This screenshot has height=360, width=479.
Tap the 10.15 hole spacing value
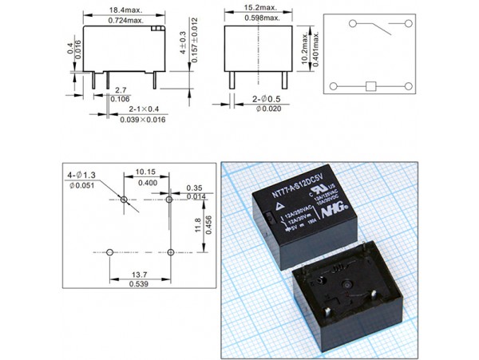click(145, 172)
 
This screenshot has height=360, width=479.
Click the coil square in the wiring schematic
click(370, 86)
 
